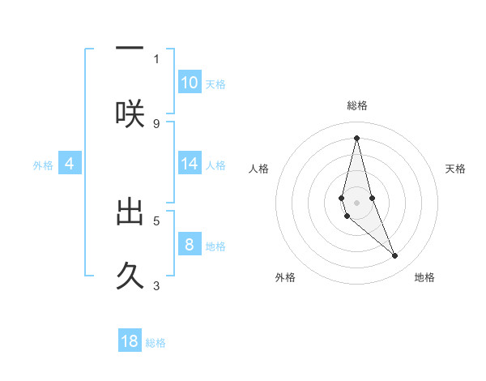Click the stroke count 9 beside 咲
(x=156, y=123)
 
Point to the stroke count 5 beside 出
(x=156, y=220)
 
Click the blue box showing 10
(x=190, y=82)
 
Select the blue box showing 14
(x=190, y=164)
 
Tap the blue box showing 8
(x=190, y=244)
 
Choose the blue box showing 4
(x=70, y=164)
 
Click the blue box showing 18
(x=130, y=341)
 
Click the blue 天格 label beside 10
(x=215, y=84)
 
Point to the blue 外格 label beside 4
(x=43, y=165)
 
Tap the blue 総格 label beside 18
(x=156, y=343)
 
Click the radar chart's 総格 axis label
(x=356, y=105)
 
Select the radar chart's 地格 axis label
(x=424, y=277)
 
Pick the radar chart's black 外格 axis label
(x=285, y=277)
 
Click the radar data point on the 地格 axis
(x=395, y=256)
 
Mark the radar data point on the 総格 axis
(x=356, y=138)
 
